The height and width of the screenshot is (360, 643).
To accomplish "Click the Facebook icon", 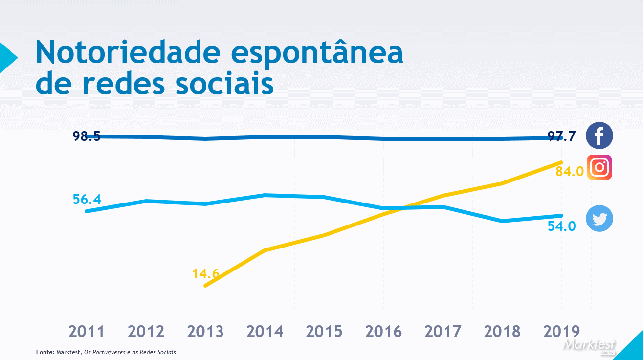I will click(599, 135).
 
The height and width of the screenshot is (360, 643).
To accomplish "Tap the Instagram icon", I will click(599, 168).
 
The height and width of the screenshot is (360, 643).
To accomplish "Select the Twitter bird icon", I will click(599, 218).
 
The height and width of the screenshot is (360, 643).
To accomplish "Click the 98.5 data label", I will click(87, 136).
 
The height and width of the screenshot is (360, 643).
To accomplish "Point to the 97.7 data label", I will click(561, 136).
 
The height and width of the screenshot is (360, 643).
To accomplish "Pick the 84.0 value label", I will click(570, 171).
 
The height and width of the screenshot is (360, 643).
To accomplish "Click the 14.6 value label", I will click(205, 273).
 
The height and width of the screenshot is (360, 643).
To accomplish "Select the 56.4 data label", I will click(87, 200).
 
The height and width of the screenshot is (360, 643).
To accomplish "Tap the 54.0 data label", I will click(561, 226).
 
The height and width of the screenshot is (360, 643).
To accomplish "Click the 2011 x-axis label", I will click(87, 332).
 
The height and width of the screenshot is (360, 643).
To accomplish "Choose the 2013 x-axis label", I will click(205, 332).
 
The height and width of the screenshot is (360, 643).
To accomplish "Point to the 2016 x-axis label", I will click(383, 332).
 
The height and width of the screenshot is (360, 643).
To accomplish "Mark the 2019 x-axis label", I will click(561, 332).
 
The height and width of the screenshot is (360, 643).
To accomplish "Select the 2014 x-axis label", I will click(265, 332).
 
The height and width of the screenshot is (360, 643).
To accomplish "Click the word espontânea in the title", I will click(317, 53).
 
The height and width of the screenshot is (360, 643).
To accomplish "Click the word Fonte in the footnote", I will click(45, 352).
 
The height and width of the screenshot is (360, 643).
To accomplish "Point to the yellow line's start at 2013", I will click(206, 286).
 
